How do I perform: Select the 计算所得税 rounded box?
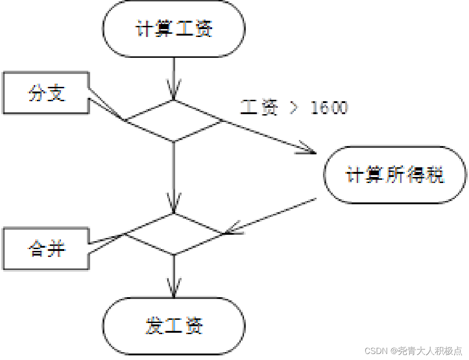coord(394,175)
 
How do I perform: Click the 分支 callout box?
coord(46,93)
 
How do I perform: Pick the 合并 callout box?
coord(46,249)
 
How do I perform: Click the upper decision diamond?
coord(173,121)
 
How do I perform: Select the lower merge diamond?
coord(173,234)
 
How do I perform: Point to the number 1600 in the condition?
coord(329,108)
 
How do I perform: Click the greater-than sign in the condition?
coord(294,108)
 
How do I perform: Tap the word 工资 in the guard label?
coord(260,108)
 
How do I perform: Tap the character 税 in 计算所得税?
coord(434,175)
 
